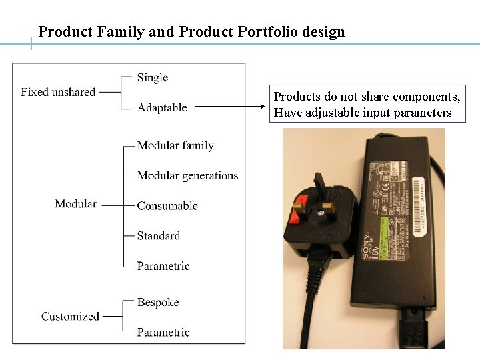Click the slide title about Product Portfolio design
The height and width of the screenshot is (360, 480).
click(x=192, y=31)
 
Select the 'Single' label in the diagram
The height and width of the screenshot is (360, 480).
click(x=153, y=77)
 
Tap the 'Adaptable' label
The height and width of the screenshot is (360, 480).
click(x=162, y=107)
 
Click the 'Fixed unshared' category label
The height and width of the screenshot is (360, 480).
click(x=58, y=92)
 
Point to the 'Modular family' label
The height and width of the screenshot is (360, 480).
click(x=175, y=145)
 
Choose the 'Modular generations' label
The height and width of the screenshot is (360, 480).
click(x=187, y=175)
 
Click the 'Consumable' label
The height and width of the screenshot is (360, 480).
click(x=167, y=205)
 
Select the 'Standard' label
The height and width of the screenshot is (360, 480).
click(x=159, y=235)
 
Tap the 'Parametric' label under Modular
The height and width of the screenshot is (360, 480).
click(x=163, y=266)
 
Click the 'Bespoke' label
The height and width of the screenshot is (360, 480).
click(x=158, y=302)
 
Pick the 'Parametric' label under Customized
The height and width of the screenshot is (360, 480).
click(x=163, y=332)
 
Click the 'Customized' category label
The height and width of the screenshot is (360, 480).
click(x=70, y=317)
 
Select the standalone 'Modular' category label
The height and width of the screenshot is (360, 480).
click(x=76, y=204)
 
